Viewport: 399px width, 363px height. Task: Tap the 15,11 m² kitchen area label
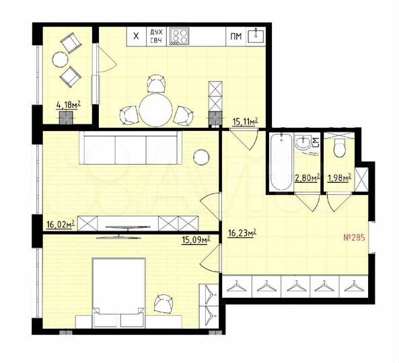(246, 122)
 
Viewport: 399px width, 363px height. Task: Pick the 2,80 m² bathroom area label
(307, 179)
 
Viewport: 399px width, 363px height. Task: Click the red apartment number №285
(355, 237)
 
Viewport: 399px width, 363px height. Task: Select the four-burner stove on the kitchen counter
(180, 36)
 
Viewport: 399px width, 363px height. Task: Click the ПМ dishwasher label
(235, 36)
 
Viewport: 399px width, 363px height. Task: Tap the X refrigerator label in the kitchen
(137, 36)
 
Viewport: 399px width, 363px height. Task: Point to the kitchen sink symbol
(256, 36)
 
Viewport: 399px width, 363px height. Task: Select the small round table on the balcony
(61, 60)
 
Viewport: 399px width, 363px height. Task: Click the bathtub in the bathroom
(280, 163)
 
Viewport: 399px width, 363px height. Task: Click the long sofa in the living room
(130, 147)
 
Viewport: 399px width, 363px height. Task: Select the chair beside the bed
(164, 305)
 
